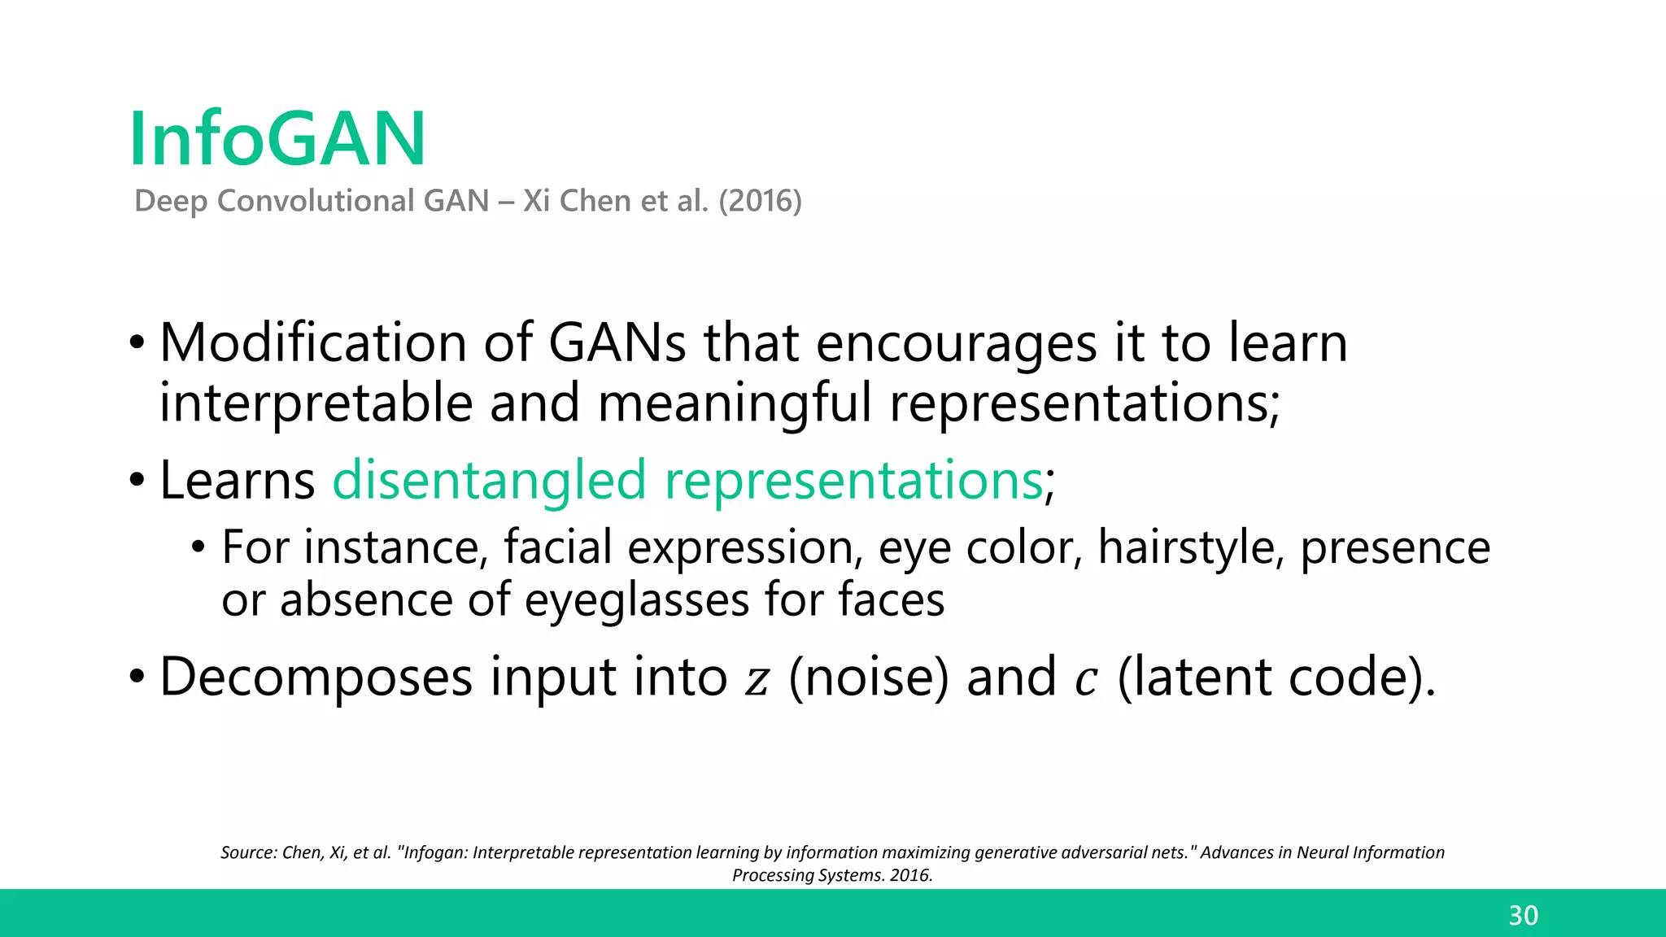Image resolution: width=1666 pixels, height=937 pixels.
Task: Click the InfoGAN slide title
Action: coord(277,139)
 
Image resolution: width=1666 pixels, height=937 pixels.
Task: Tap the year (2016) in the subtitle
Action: coord(760,201)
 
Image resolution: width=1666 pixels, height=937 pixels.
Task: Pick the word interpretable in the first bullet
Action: coord(316,403)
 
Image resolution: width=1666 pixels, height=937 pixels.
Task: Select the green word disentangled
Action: coord(489,480)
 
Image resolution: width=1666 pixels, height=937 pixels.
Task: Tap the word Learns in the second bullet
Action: coord(237,480)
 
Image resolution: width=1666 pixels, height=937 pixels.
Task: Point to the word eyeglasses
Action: coord(636,600)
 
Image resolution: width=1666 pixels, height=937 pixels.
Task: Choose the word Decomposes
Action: coord(316,677)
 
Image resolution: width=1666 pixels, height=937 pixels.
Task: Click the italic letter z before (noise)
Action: coord(757,680)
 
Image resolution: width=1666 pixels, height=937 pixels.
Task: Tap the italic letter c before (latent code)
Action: coord(1086,680)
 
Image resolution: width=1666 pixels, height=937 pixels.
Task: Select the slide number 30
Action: coord(1523,916)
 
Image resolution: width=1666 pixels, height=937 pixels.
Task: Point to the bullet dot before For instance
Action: coord(198,548)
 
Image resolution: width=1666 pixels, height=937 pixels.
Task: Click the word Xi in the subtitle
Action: coord(536,201)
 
